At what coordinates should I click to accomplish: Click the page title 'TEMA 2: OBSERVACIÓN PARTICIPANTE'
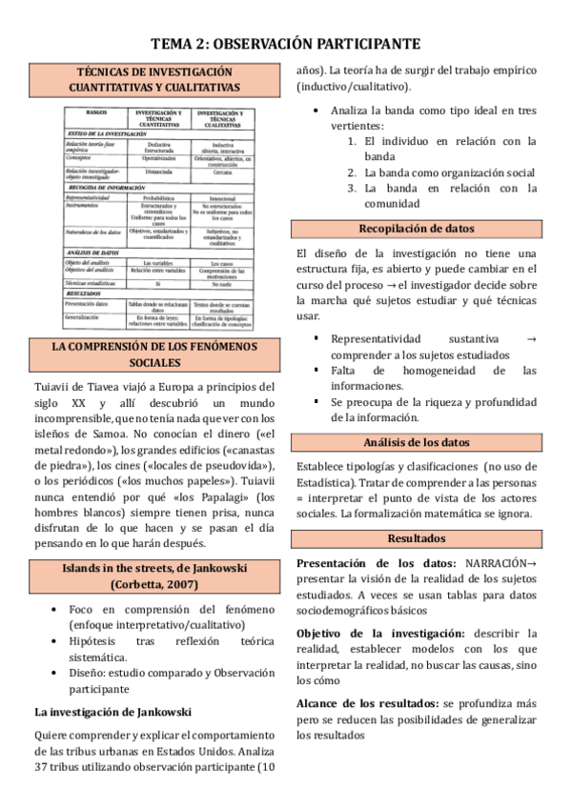(x=285, y=45)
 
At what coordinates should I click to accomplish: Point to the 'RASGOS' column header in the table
(x=95, y=115)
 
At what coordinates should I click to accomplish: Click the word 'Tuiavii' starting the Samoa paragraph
(x=53, y=387)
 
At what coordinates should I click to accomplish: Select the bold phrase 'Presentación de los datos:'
(x=377, y=564)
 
